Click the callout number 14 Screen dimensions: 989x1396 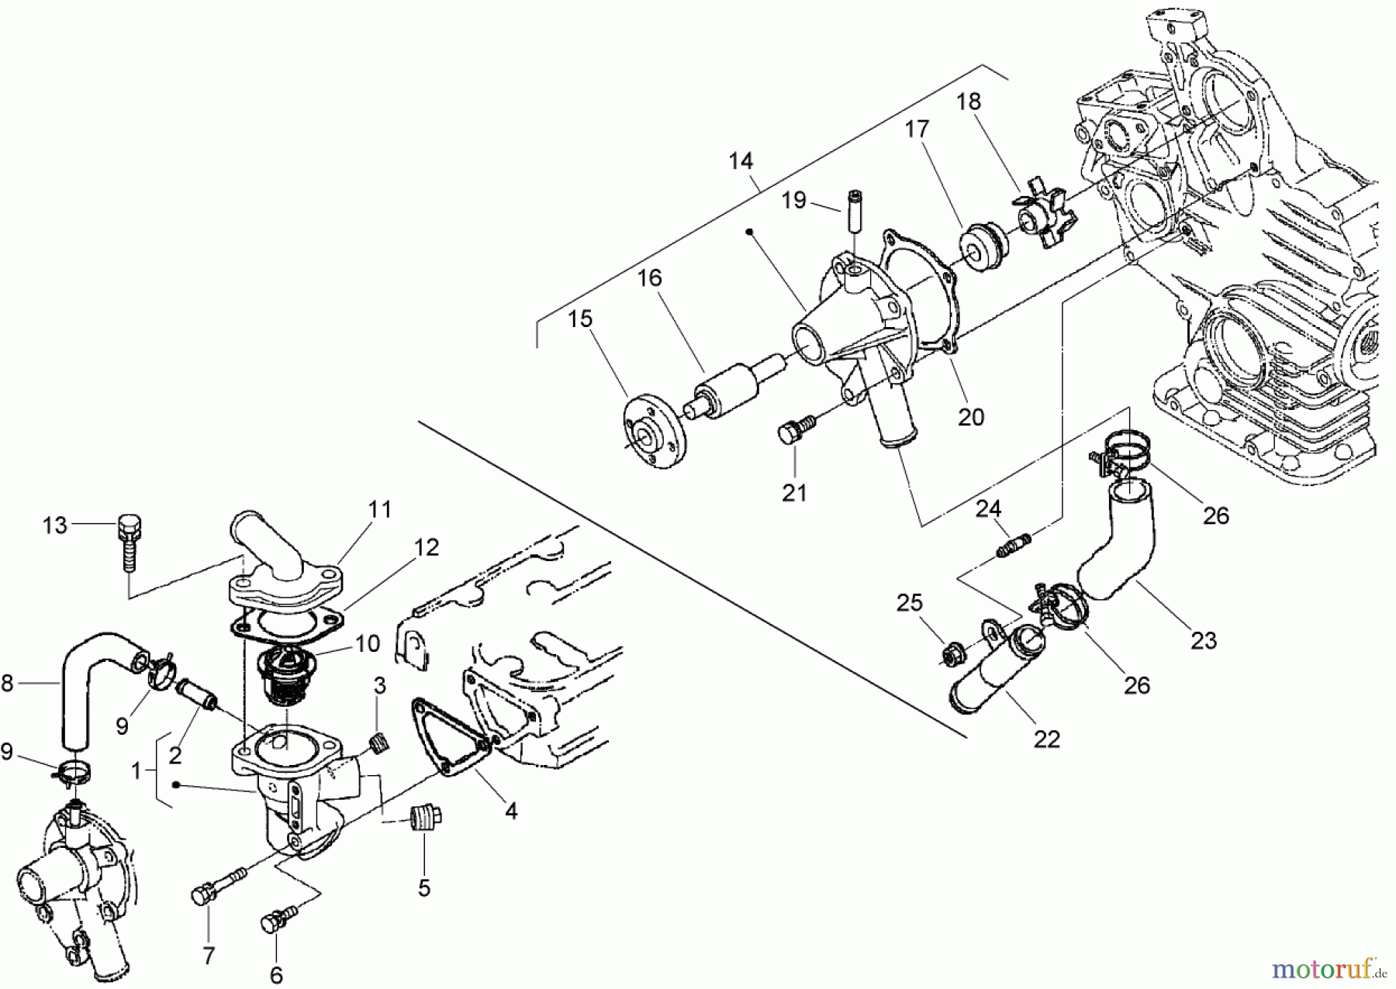741,161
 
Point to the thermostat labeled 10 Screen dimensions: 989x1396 285,676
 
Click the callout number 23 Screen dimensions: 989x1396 1204,641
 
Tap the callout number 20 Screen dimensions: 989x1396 970,417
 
